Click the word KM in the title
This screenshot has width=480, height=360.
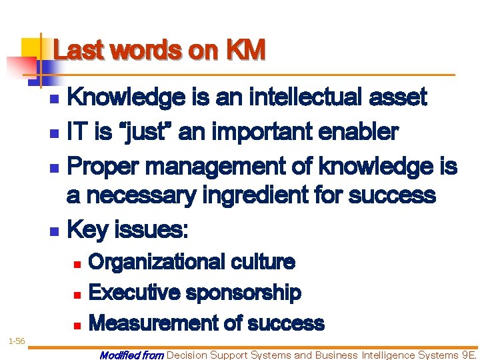click(245, 50)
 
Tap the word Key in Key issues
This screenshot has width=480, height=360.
click(88, 230)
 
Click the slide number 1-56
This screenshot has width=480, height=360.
click(16, 341)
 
